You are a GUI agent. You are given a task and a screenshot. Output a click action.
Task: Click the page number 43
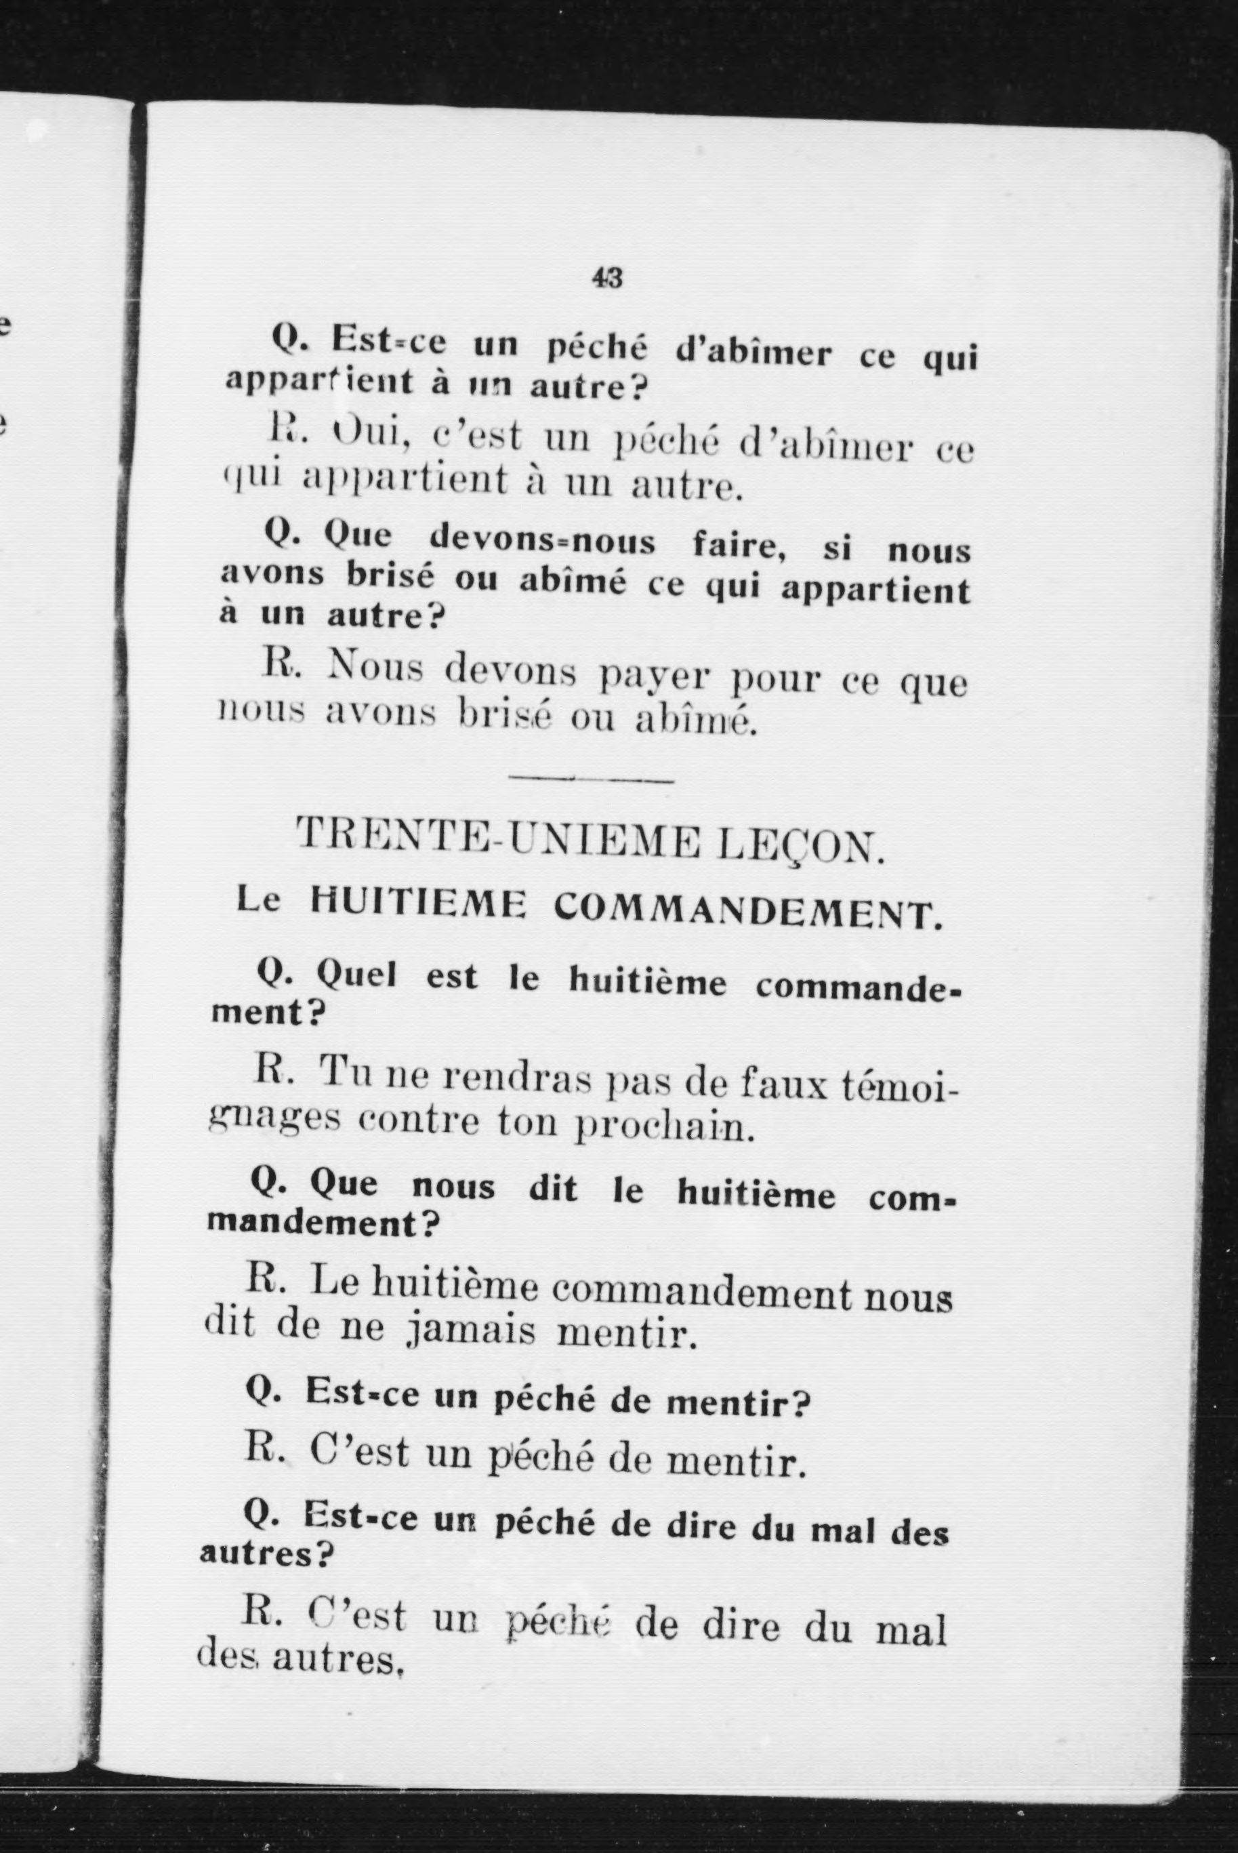click(607, 277)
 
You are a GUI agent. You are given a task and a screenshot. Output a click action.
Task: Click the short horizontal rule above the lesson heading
click(592, 779)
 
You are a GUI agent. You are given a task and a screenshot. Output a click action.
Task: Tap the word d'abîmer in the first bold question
click(754, 352)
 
